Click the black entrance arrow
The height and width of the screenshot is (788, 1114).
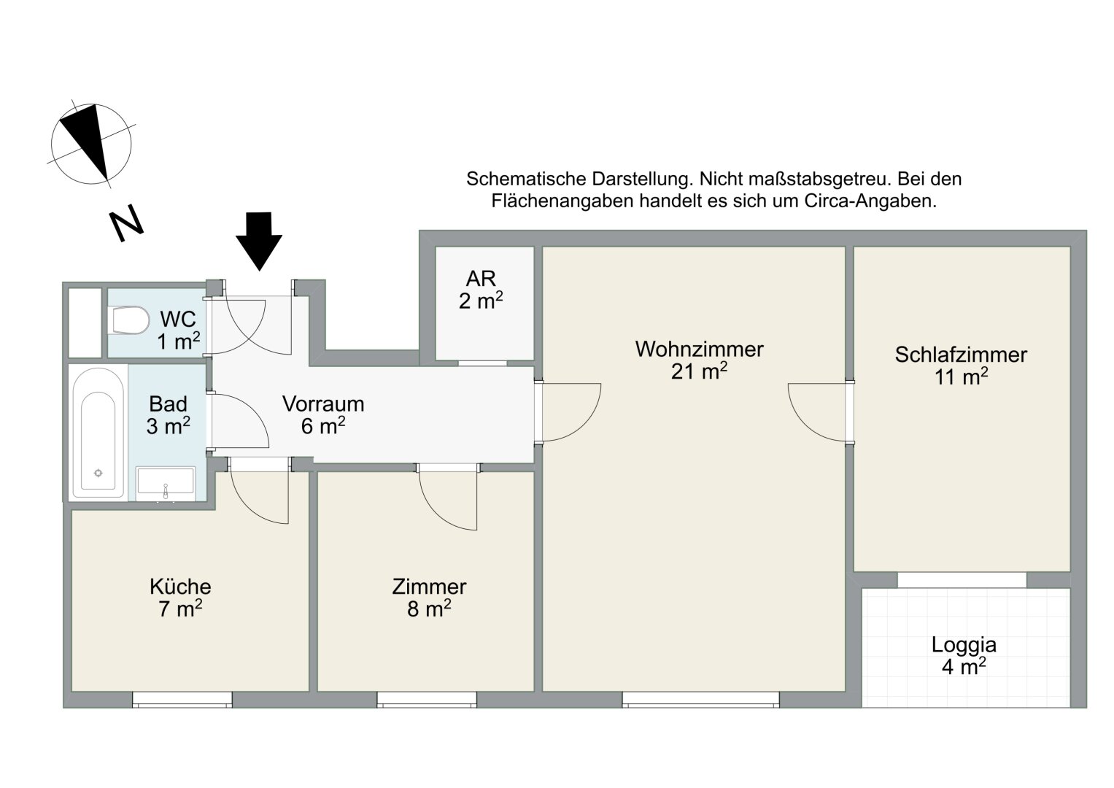[x=259, y=242]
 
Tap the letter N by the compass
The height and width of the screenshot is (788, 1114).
[x=126, y=223]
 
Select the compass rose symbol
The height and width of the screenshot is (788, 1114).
[x=91, y=144]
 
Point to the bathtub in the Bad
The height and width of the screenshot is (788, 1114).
[x=98, y=433]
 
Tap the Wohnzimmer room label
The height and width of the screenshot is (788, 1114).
[x=699, y=349]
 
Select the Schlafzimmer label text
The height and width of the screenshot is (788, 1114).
[x=961, y=355]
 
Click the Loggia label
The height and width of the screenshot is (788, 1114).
[x=964, y=645]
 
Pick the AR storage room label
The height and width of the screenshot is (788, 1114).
[x=481, y=279]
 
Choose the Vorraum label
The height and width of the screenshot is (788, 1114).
[x=323, y=404]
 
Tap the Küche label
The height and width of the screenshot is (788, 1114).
[x=180, y=587]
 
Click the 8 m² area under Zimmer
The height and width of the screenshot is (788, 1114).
[x=429, y=609]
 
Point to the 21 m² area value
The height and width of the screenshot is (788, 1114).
[x=699, y=371]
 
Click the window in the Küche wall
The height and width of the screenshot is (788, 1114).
[x=182, y=699]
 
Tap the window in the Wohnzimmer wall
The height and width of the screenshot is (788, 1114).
[x=701, y=699]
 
